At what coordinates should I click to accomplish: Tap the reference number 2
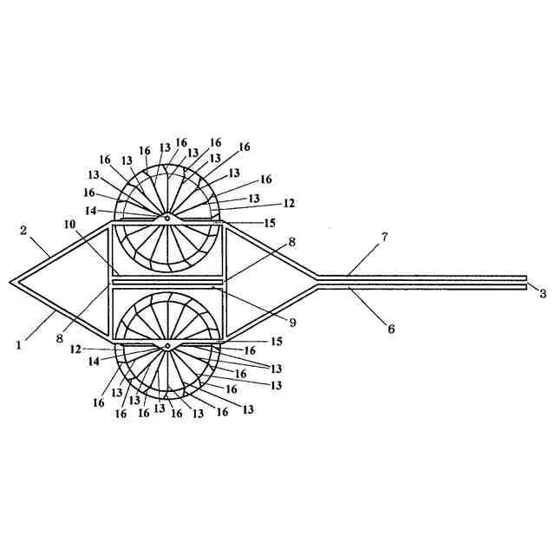[x=24, y=230]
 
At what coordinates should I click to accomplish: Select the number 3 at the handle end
[x=542, y=294]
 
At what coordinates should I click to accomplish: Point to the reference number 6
[x=390, y=329]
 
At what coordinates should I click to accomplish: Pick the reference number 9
[x=292, y=323]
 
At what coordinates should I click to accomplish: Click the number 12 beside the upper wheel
[x=289, y=203]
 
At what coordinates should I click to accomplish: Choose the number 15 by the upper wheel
[x=271, y=223]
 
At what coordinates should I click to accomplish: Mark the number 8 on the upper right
[x=292, y=243]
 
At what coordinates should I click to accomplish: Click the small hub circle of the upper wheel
[x=166, y=218]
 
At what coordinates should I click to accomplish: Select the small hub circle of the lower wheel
[x=166, y=346]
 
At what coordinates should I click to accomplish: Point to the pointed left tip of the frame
[x=11, y=282]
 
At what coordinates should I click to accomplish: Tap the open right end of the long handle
[x=526, y=282]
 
